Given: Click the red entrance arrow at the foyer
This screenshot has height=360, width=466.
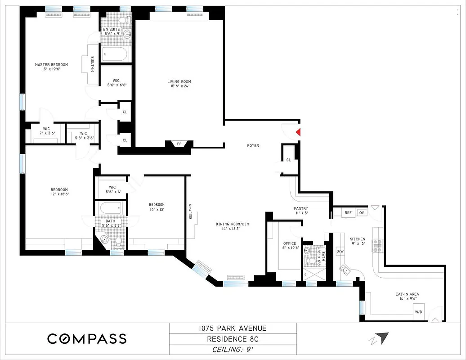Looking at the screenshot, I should coord(297,132).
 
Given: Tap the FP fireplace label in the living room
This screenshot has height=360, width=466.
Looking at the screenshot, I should coord(179,144).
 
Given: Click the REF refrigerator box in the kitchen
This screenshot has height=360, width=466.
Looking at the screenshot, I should coord(348,212).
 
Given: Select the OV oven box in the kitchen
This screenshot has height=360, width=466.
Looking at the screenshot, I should coord(361,212).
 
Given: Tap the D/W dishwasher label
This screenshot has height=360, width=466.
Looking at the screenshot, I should coord(340,251).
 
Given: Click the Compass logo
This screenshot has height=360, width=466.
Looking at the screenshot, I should coord(87,338).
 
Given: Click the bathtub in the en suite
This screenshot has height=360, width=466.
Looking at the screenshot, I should coord(115,54).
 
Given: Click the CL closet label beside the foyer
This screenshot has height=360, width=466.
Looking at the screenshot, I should coord(288,160).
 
